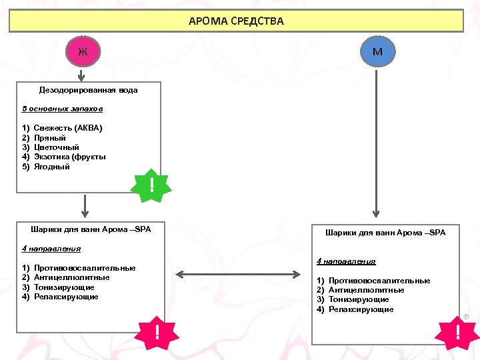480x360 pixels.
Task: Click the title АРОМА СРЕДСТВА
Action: coord(236,21)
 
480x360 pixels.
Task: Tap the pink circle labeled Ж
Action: coord(83,51)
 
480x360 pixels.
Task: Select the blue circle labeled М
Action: coord(377,51)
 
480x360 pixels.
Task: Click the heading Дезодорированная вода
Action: coord(88,90)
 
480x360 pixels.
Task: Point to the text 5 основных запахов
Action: coord(62,108)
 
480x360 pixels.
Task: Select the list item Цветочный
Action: coord(56,147)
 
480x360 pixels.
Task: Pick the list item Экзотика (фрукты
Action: coord(69,157)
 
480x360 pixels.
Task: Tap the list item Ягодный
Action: coord(51,167)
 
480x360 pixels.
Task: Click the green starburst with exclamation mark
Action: coord(152,185)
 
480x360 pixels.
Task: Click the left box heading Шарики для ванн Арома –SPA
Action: coord(91,229)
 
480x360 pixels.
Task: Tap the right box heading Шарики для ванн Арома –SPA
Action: coord(385,233)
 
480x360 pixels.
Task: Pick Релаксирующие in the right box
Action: coord(361,309)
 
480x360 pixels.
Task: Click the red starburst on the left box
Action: coord(157,332)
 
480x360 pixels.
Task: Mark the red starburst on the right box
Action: coord(457,332)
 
